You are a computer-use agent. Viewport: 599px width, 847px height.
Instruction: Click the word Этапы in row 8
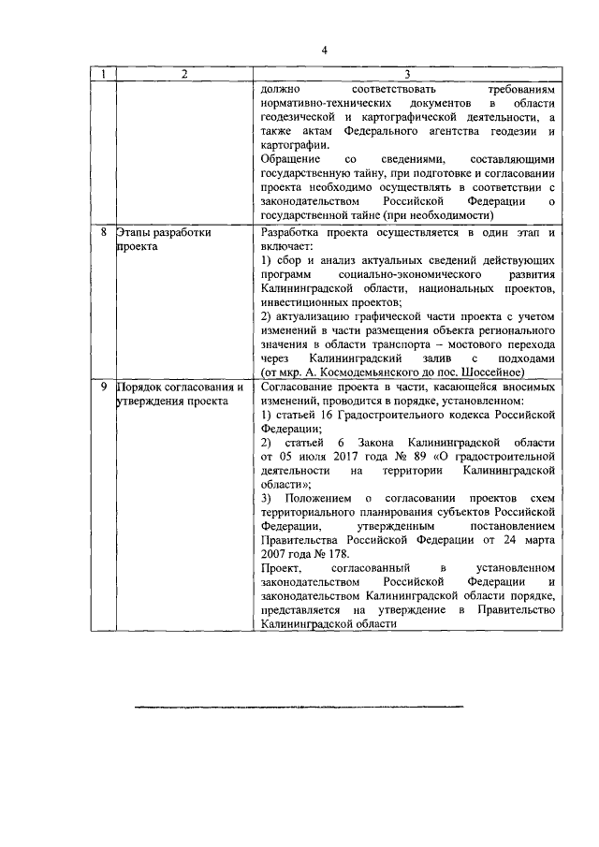(134, 230)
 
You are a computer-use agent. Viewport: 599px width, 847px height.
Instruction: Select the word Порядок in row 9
(141, 387)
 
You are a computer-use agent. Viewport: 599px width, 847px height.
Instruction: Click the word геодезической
(305, 117)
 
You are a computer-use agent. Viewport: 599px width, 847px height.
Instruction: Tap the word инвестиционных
(310, 301)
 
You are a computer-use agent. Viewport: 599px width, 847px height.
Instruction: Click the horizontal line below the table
(299, 706)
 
